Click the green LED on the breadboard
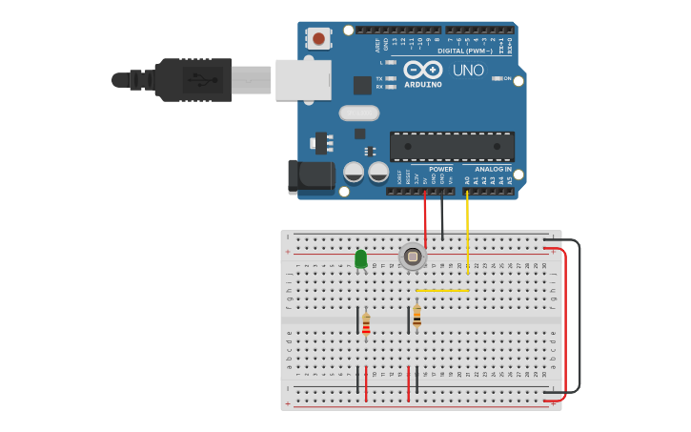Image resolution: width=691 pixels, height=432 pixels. (x=360, y=258)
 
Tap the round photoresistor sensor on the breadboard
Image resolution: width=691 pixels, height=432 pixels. (x=412, y=257)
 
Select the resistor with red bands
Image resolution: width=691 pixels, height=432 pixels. (x=366, y=325)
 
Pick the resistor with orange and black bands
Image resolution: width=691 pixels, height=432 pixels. (x=417, y=317)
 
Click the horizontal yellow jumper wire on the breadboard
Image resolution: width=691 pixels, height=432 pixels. (x=442, y=290)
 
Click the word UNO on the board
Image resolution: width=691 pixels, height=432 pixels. (x=468, y=70)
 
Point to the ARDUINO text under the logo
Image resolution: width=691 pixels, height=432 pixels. (x=423, y=84)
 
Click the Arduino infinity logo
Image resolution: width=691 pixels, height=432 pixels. (x=423, y=70)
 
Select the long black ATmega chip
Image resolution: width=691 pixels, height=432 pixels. (x=452, y=146)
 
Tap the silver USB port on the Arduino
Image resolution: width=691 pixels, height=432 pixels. (x=303, y=80)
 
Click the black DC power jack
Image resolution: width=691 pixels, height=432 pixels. (x=311, y=175)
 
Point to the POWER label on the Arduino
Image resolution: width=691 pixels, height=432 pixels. (x=440, y=169)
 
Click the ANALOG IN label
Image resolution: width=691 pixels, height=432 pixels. (x=494, y=169)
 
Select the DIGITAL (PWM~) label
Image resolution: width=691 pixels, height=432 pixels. (x=465, y=51)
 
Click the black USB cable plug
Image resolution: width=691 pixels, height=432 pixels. (x=195, y=80)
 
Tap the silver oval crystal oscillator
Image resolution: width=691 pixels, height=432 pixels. (x=359, y=113)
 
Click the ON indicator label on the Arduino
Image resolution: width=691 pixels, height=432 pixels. (x=507, y=78)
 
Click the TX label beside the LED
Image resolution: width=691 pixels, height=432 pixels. (x=379, y=78)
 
